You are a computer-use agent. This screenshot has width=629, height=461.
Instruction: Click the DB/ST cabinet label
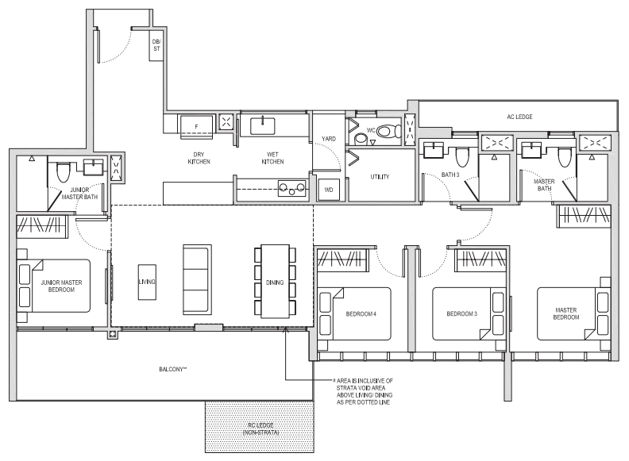[156, 45]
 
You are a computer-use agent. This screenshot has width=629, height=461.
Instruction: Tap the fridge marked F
[197, 127]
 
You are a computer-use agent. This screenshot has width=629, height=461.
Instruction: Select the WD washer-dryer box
[329, 190]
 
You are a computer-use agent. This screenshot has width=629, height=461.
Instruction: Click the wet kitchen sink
[263, 126]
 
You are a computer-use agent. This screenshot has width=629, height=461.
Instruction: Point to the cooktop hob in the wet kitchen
[292, 188]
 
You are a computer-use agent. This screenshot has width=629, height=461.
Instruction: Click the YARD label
[329, 139]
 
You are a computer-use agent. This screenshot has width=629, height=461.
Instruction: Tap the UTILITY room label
[380, 176]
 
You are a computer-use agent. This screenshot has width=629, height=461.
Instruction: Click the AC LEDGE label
[519, 117]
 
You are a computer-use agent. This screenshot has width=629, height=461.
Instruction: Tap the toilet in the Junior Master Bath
[63, 171]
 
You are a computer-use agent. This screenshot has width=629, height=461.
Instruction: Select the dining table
[275, 282]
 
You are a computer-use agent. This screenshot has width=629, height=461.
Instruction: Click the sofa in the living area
[197, 279]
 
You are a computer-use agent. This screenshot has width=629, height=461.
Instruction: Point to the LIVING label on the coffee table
[147, 282]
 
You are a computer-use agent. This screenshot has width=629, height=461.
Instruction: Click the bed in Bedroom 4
[354, 314]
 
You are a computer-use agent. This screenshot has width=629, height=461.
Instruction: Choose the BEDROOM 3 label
[461, 313]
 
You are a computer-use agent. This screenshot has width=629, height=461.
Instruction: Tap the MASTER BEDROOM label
[566, 313]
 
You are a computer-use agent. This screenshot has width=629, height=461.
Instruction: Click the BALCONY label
[172, 369]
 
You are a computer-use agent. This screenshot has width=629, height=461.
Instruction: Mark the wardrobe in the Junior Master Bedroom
[42, 226]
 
